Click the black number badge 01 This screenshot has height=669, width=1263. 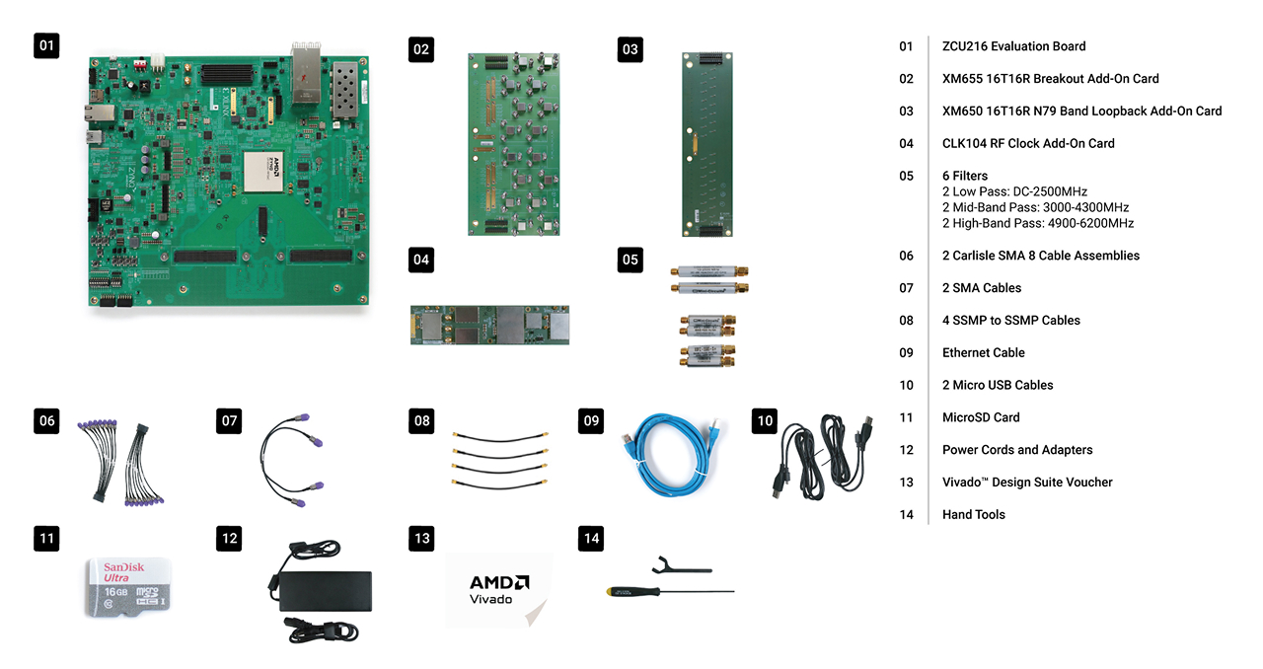[x=46, y=44]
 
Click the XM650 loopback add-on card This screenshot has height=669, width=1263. [x=706, y=145]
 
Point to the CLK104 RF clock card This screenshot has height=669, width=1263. [x=490, y=325]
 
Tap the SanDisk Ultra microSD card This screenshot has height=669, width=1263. [x=128, y=587]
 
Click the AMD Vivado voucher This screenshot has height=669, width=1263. [x=498, y=589]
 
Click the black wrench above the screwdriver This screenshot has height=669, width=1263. [x=682, y=566]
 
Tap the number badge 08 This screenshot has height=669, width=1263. [x=421, y=421]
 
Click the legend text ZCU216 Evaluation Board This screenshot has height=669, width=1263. [x=1013, y=46]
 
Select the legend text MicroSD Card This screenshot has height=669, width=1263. [x=981, y=417]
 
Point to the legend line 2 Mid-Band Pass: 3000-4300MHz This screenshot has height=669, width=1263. [x=1035, y=207]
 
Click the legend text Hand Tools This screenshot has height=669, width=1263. [x=973, y=514]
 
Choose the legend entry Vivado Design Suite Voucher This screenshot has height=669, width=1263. [x=1026, y=483]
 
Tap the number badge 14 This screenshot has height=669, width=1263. [x=591, y=538]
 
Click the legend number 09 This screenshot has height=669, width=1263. [x=906, y=352]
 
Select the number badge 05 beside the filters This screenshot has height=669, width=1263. [x=630, y=260]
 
